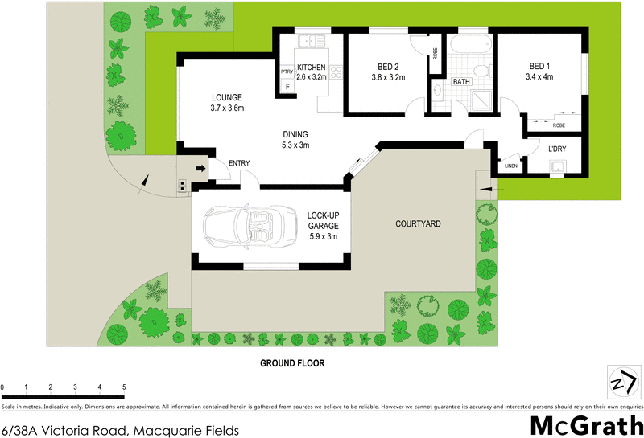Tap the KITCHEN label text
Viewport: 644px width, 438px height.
[x=312, y=68]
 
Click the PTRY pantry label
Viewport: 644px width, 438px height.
[x=287, y=72]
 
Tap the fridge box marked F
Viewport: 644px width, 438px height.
[x=287, y=86]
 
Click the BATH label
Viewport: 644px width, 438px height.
[x=461, y=81]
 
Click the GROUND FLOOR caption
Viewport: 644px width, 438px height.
[x=291, y=363]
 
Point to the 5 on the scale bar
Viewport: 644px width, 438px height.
[x=124, y=387]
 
